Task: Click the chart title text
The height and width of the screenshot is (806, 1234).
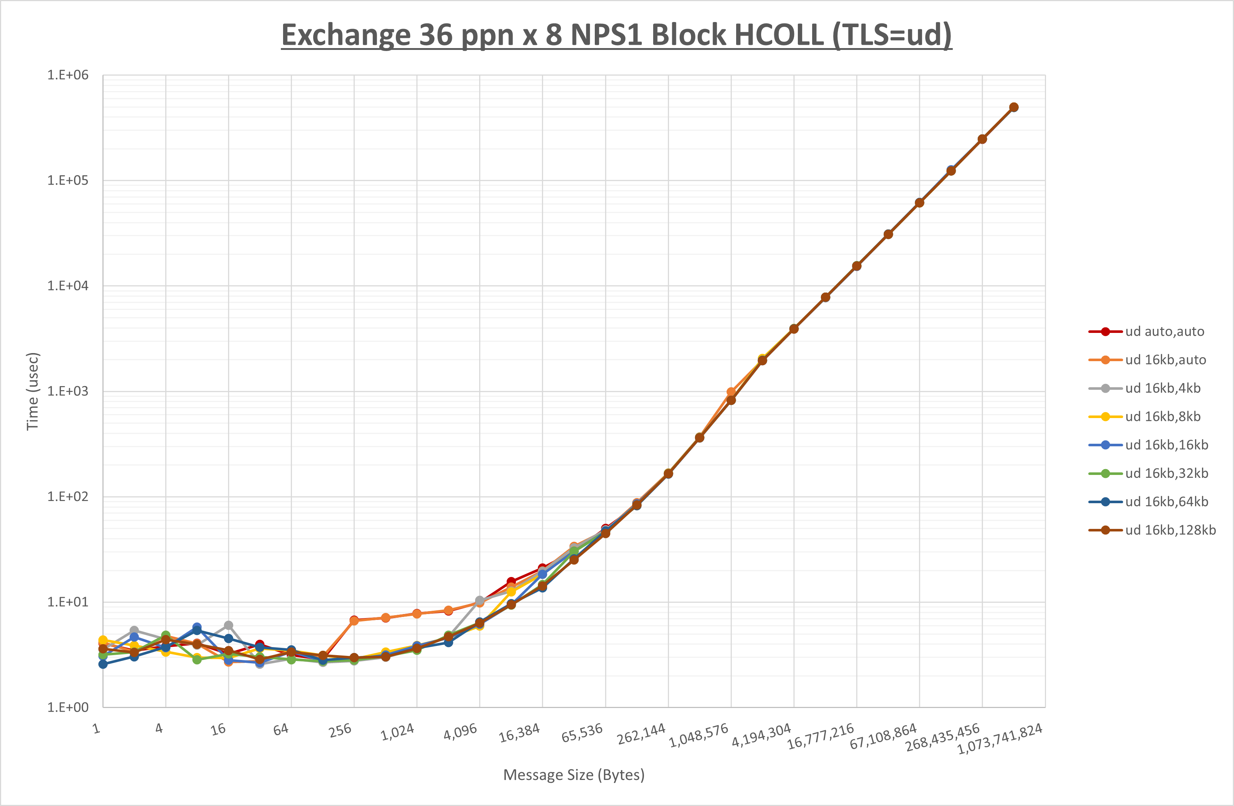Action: pos(616,35)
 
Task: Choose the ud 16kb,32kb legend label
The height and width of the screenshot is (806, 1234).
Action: pos(1166,473)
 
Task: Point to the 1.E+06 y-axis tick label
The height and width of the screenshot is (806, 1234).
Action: pos(68,75)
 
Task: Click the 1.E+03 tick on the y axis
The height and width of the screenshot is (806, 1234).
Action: pos(68,391)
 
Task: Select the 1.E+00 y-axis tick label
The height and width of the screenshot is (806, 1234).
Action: pos(68,708)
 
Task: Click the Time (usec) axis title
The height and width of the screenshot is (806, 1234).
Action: pos(32,391)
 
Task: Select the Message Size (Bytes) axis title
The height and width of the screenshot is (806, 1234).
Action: pos(573,775)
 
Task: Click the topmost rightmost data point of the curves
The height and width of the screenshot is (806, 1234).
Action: pos(1014,107)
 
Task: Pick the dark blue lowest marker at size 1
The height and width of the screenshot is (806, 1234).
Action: pos(103,664)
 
